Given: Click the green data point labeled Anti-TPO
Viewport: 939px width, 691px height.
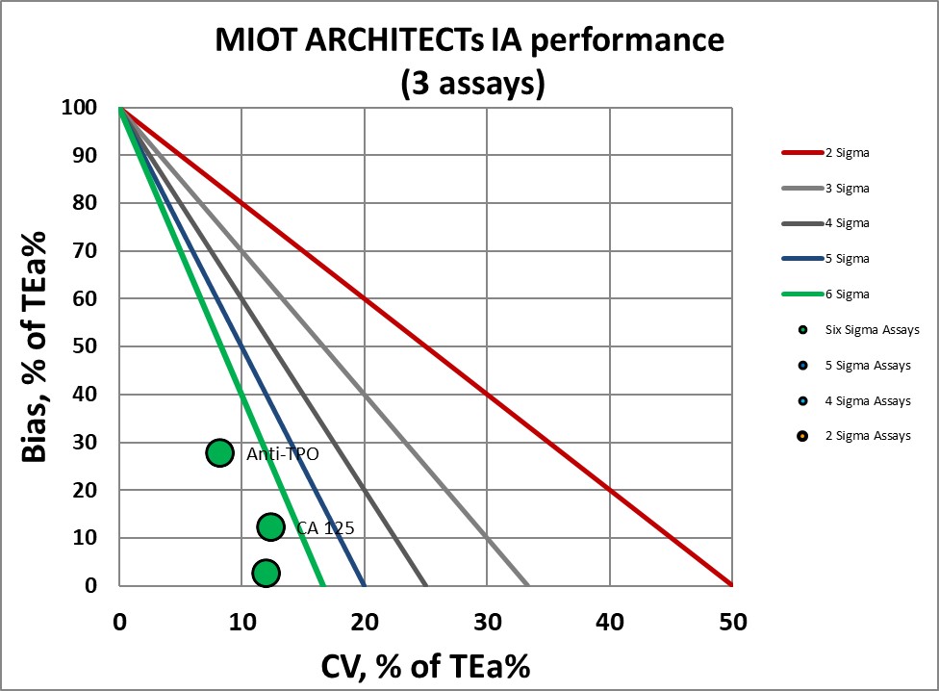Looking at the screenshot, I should [219, 452].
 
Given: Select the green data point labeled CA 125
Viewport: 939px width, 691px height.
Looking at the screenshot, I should [270, 526].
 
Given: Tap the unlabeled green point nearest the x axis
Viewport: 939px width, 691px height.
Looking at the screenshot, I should [266, 573].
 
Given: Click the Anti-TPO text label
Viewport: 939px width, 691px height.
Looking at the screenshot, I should [282, 454].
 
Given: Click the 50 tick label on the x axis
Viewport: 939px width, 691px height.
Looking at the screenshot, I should [732, 622].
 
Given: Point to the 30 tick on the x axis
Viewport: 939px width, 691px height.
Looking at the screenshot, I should [487, 622].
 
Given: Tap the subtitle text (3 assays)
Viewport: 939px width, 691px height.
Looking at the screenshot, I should [471, 84].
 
